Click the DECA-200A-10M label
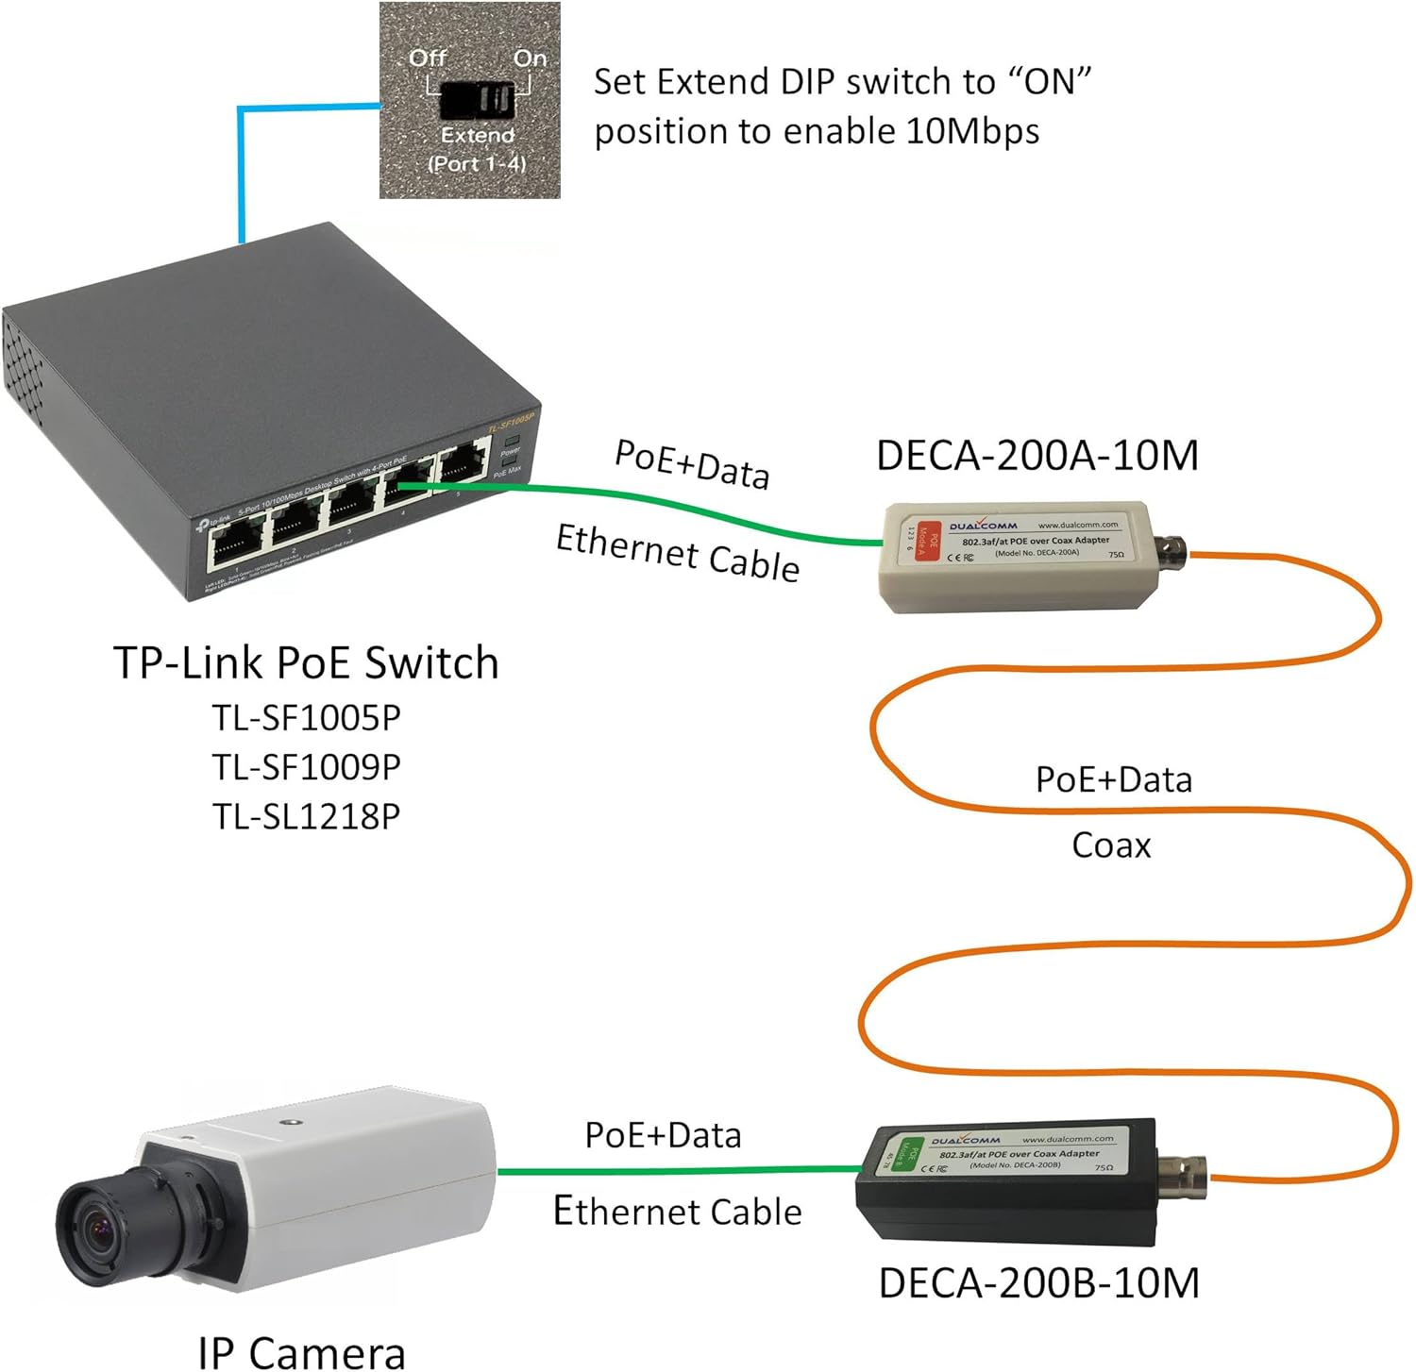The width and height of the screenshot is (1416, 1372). click(1037, 456)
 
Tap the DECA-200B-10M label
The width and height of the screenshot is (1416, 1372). click(1038, 1283)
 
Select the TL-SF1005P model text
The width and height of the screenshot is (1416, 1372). click(306, 718)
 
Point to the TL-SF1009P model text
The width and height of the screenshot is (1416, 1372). click(306, 767)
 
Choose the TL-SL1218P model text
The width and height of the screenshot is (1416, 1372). click(306, 816)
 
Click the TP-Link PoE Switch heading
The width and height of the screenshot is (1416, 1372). click(306, 662)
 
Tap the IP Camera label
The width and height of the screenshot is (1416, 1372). click(302, 1351)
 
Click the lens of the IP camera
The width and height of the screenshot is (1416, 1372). click(94, 1227)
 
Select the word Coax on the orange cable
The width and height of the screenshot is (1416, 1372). click(1111, 845)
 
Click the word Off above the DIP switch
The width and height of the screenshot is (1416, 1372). click(427, 59)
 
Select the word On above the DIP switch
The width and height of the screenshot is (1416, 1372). click(530, 59)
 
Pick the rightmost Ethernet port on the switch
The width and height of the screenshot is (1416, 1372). click(462, 465)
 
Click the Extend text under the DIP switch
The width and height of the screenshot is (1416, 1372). click(477, 136)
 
